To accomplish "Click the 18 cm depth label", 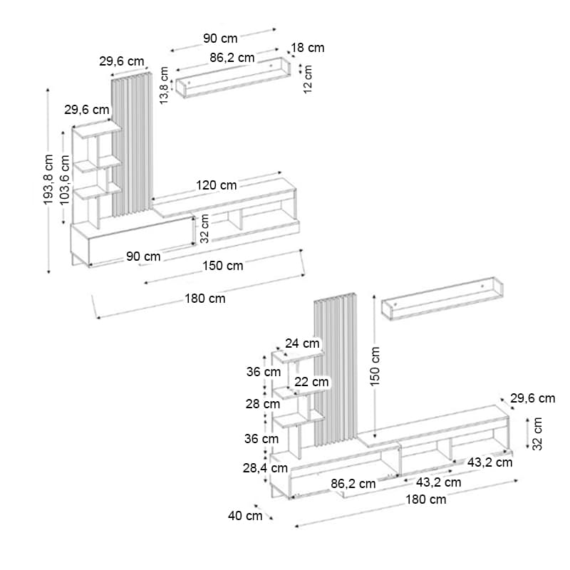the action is click(x=308, y=48).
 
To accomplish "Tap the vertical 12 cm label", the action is click(x=308, y=79).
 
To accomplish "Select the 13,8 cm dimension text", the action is click(x=165, y=85).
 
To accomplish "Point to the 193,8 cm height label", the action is click(x=48, y=180).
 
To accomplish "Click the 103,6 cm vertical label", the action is click(x=64, y=180).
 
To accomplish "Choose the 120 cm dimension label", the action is click(x=217, y=185).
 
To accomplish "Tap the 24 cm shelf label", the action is click(x=302, y=343).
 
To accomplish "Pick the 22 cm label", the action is click(x=311, y=382).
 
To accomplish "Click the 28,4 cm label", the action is click(x=265, y=468).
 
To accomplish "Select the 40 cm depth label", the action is click(x=245, y=515).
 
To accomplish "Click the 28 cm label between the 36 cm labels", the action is click(x=262, y=404).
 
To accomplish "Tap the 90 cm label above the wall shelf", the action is click(x=220, y=38).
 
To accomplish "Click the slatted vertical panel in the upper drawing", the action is click(x=132, y=145).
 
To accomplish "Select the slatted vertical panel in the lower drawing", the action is click(x=336, y=369).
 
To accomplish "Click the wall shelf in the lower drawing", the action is click(x=442, y=299).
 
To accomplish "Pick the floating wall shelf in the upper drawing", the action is click(x=234, y=78).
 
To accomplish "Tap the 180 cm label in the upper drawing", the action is click(x=205, y=299).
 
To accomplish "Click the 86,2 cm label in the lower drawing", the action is click(x=353, y=484).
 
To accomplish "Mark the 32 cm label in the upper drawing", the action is click(x=204, y=228).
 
